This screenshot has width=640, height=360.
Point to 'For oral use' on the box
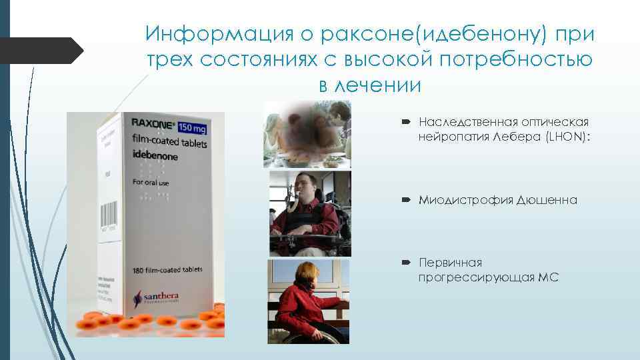pyautogui.click(x=152, y=181)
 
